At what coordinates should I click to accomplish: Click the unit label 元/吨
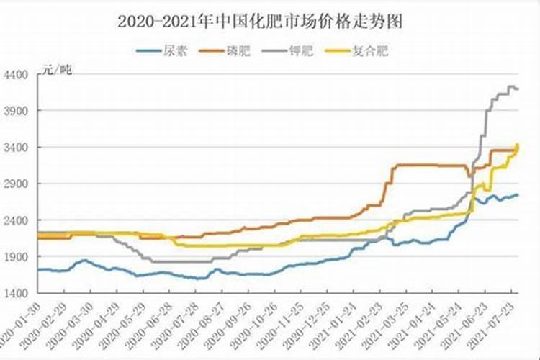(56, 70)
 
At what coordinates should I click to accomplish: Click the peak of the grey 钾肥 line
(510, 86)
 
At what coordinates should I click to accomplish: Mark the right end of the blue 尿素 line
(518, 195)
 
